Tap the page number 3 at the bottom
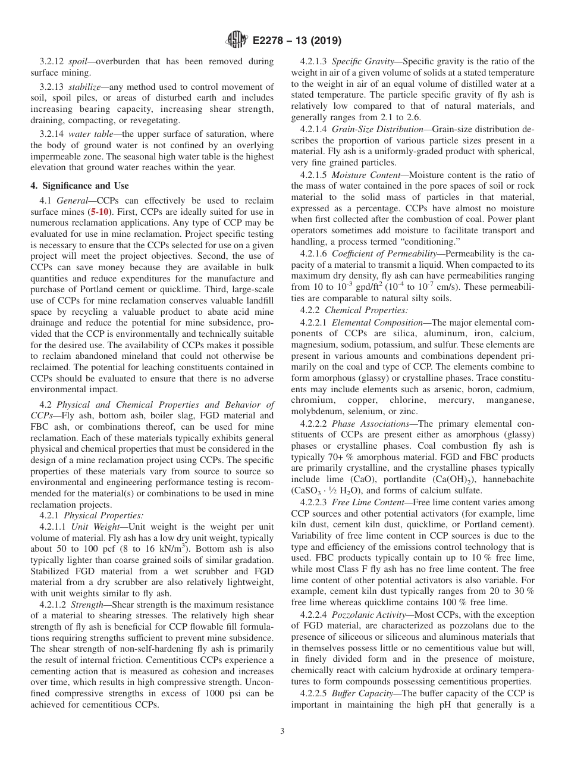282,731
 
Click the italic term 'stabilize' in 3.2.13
86,87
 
